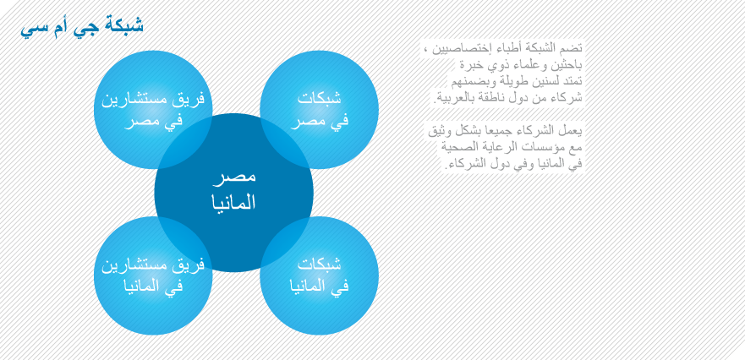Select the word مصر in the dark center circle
(233, 177)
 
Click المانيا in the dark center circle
(233, 202)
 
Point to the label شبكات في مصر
(320, 109)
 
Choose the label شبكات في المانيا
(320, 275)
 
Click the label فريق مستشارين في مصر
(153, 109)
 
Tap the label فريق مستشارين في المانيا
(153, 275)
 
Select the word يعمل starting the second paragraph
(572, 132)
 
